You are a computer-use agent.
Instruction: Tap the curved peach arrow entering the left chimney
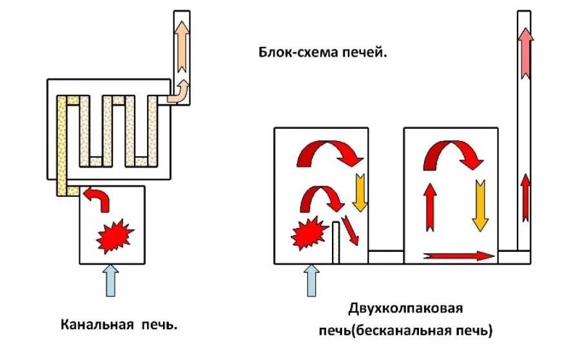point(178,93)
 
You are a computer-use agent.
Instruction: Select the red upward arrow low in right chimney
point(526,196)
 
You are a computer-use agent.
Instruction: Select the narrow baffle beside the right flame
point(336,242)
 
